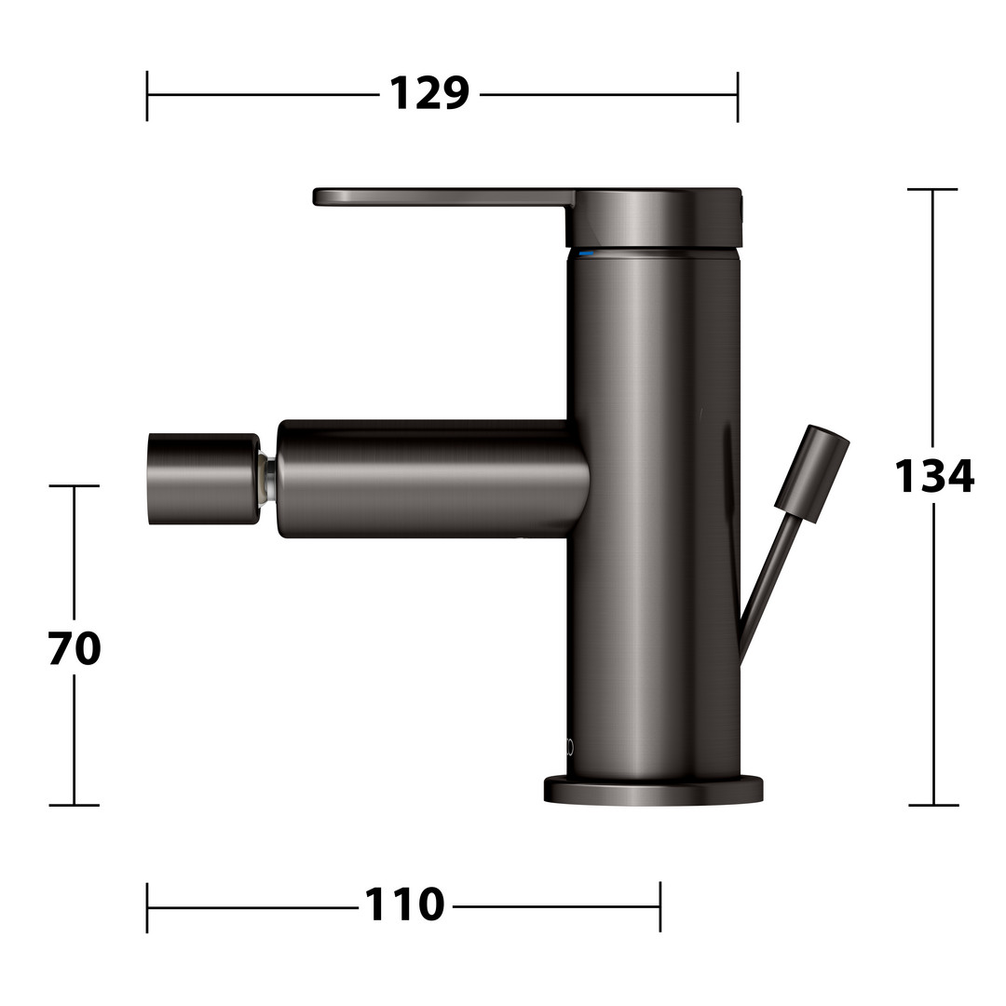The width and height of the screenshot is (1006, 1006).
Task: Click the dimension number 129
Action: (x=429, y=94)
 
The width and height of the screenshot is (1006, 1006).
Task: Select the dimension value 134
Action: (x=934, y=475)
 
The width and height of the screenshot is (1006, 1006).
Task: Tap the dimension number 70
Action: (x=75, y=648)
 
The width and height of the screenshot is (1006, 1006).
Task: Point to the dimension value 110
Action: (x=404, y=904)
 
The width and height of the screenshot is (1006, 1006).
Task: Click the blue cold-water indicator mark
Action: (x=586, y=254)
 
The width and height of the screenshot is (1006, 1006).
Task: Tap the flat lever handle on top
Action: (x=442, y=197)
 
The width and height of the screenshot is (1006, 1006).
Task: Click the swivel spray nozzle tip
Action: (x=204, y=480)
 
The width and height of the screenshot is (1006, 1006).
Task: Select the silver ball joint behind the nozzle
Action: (x=269, y=480)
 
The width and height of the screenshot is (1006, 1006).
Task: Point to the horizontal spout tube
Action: (x=434, y=479)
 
